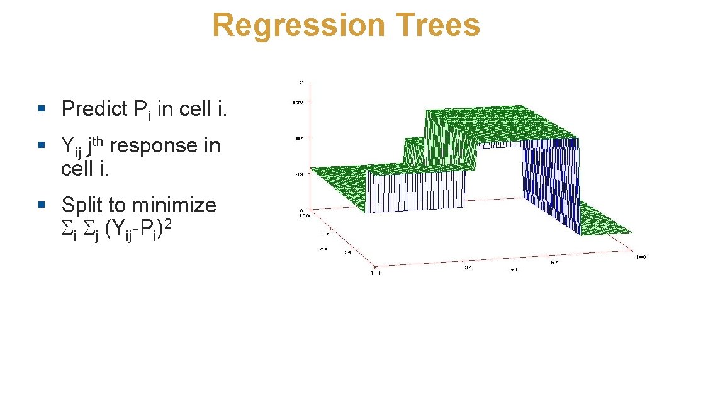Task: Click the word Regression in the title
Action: coord(298,26)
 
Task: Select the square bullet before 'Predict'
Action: coord(42,109)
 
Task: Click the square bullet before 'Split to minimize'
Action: coord(42,205)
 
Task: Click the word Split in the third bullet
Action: coord(82,205)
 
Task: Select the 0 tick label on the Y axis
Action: coord(302,210)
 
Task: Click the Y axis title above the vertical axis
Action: coord(301,81)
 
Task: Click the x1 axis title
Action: coord(514,269)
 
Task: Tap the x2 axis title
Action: coord(324,248)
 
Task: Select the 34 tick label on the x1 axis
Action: coord(468,268)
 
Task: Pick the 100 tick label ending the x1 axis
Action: coord(640,257)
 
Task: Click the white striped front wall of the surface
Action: coord(415,192)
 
